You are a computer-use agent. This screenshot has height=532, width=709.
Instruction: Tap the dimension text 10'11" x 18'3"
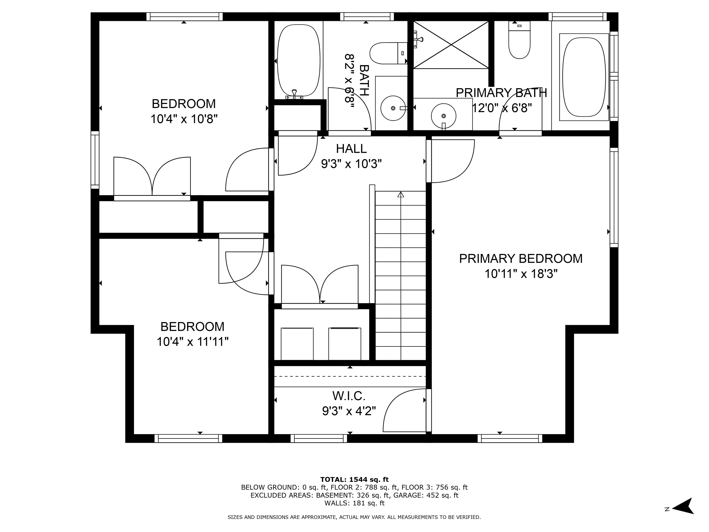pos(520,274)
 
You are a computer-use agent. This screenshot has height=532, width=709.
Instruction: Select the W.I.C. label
pos(349,396)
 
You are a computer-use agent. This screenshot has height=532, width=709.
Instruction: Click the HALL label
pos(351,149)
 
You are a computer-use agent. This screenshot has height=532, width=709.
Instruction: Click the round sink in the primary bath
pos(443,115)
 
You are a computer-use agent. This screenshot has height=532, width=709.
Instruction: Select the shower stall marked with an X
pos(451,45)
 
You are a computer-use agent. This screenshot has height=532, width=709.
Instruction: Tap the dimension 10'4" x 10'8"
pos(184,119)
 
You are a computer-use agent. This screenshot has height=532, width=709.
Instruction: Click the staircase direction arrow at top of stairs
pos(401,195)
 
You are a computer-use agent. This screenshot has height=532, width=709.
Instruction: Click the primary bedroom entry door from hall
pos(450,160)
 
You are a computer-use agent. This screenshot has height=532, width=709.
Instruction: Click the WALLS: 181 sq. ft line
pos(354,503)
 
